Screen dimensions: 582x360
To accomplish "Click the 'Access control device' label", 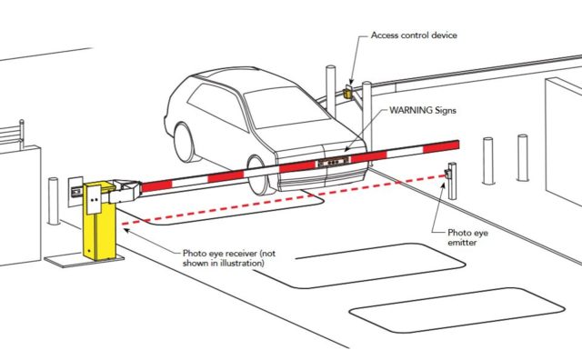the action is [414, 35].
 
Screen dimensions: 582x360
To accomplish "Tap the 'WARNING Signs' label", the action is [423, 110].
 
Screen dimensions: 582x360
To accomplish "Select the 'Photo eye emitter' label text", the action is [467, 237].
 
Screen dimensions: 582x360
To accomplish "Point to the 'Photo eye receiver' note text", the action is [229, 258].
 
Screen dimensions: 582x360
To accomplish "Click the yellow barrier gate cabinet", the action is [99, 221].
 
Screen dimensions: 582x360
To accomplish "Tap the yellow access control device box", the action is [347, 91].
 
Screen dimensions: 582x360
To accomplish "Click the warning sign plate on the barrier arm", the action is [333, 162].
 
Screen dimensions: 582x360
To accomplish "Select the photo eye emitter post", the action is [452, 181].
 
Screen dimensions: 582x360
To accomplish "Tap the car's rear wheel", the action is [185, 143].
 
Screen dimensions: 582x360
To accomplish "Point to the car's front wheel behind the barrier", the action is [258, 176].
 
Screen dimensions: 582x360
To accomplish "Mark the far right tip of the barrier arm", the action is [459, 145].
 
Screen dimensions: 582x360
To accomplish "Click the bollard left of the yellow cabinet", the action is [54, 202].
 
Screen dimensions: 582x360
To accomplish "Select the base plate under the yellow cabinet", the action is [84, 260].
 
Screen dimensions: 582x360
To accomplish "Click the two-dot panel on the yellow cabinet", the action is [95, 199].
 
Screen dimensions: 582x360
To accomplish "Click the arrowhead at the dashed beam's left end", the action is [126, 231].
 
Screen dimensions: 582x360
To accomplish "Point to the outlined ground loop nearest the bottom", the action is [457, 310].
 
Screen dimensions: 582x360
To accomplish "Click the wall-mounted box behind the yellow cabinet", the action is [75, 191].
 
